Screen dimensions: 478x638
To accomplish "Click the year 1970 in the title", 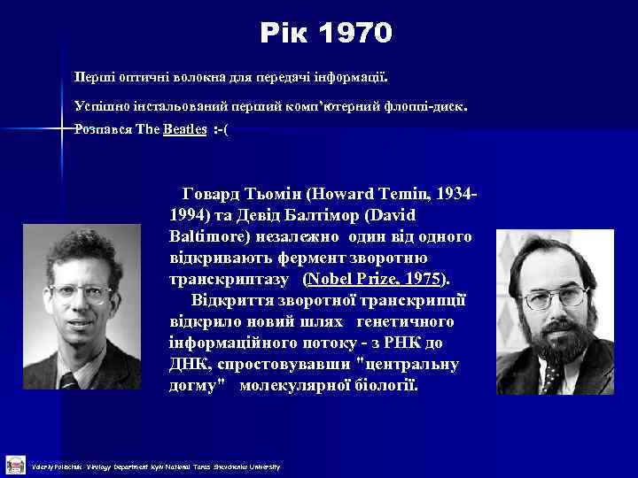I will (x=354, y=34).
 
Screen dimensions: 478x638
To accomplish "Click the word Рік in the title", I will (x=284, y=34).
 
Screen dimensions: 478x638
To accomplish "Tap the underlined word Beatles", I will (x=185, y=129).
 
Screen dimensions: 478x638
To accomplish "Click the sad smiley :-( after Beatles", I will (x=221, y=129).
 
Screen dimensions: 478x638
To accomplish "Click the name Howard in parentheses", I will (x=356, y=194).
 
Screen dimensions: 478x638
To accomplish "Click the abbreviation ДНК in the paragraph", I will (x=189, y=364).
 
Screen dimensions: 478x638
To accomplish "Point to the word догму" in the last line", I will (x=196, y=386).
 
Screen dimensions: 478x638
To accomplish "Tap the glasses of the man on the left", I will (x=82, y=291).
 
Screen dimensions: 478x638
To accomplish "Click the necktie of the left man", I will (x=68, y=381).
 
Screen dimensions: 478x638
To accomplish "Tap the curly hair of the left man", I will (x=84, y=248).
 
